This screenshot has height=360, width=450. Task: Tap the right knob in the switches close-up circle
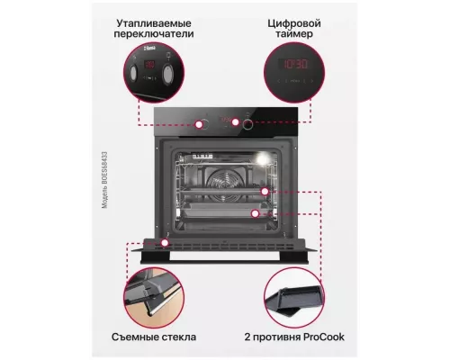(x=169, y=71)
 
